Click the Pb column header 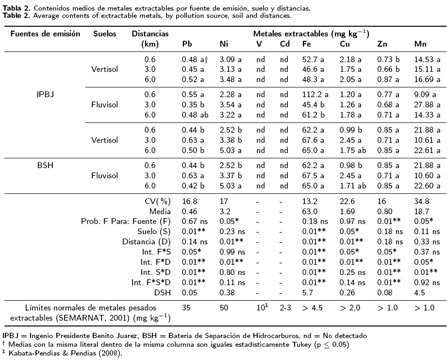[x=186, y=45]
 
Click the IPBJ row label [x=45, y=94]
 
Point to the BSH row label [x=45, y=165]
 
